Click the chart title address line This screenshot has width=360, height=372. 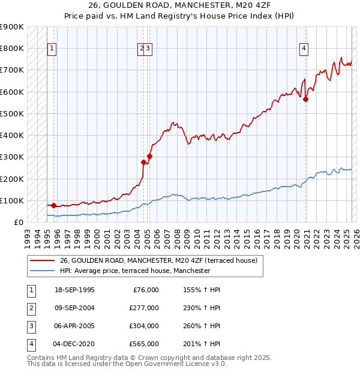coord(180,7)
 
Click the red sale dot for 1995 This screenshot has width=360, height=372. coord(53,205)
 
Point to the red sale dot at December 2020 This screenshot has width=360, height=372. coord(305,100)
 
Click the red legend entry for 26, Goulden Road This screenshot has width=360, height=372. coord(158,260)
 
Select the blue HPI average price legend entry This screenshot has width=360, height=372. coord(135,271)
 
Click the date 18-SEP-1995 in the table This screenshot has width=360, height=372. coord(74,290)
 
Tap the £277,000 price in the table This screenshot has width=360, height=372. coord(144,308)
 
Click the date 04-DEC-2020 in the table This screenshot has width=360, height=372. coord(74,344)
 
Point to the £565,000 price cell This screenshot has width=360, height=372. coord(144,344)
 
